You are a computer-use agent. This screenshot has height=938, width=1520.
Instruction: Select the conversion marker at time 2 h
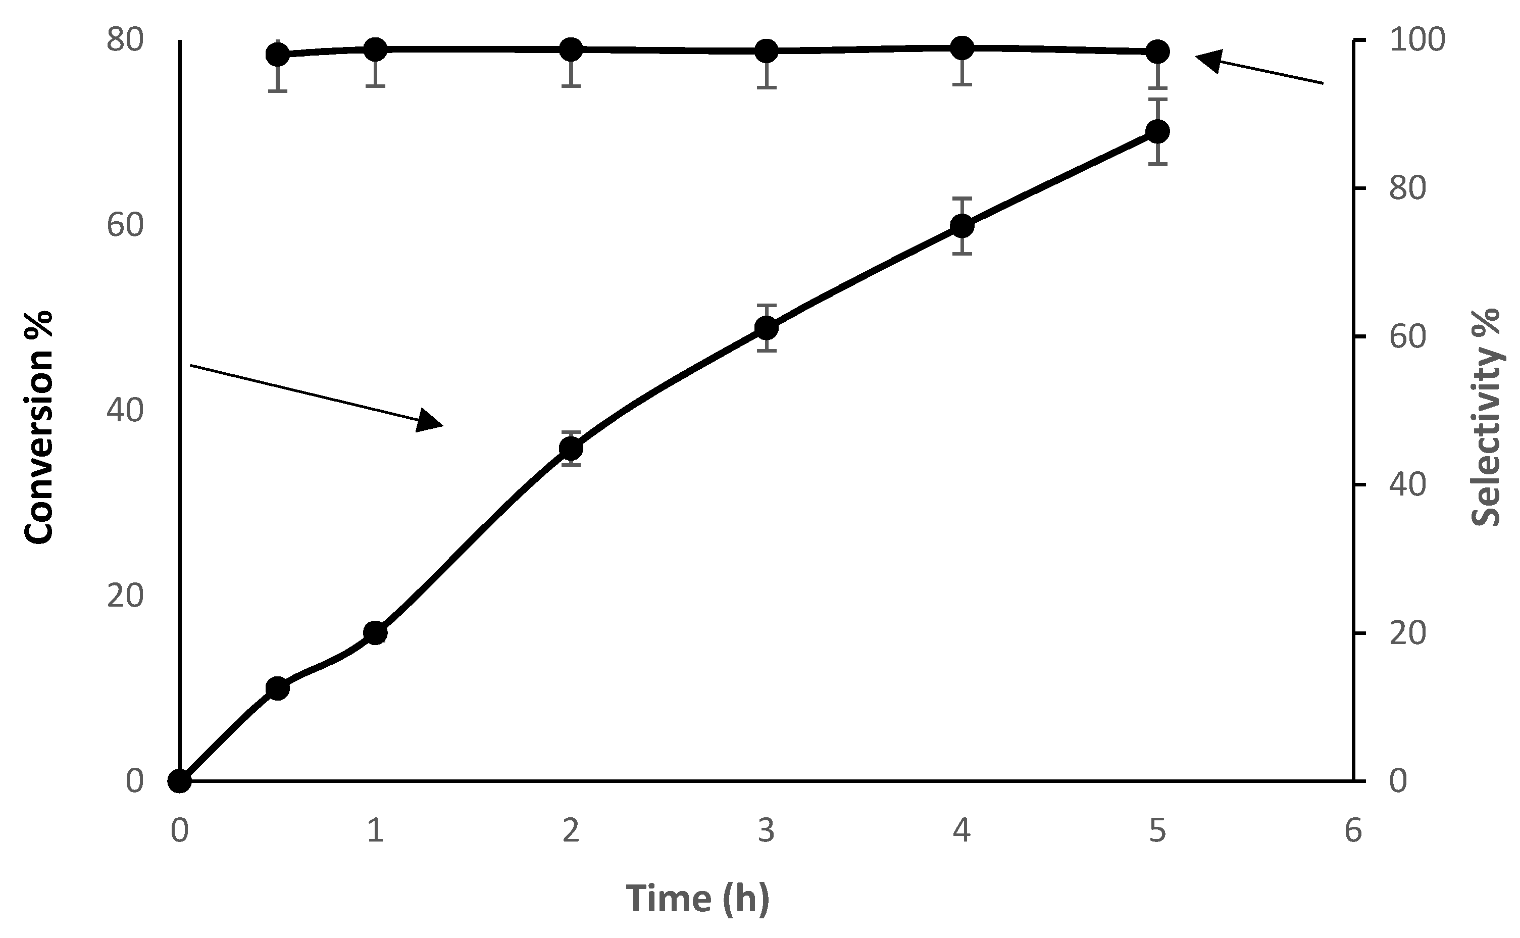pyautogui.click(x=571, y=448)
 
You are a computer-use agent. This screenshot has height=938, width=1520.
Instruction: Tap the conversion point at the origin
pyautogui.click(x=180, y=781)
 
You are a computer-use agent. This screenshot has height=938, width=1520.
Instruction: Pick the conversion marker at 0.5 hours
pyautogui.click(x=277, y=688)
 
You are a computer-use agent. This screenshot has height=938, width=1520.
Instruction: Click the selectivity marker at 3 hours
pyautogui.click(x=767, y=52)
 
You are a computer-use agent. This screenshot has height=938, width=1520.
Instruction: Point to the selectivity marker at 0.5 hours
pyautogui.click(x=277, y=55)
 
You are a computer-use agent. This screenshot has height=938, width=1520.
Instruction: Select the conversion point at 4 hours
pyautogui.click(x=962, y=226)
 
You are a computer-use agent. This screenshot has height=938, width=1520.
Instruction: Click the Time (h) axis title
pyautogui.click(x=698, y=899)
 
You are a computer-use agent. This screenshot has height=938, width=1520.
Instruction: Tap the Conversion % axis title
pyautogui.click(x=38, y=428)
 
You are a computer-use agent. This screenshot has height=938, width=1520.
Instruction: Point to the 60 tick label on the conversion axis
pyautogui.click(x=125, y=225)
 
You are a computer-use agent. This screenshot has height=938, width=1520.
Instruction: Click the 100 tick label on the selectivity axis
pyautogui.click(x=1417, y=40)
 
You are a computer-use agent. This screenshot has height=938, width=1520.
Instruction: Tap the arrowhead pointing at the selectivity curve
pyautogui.click(x=1209, y=61)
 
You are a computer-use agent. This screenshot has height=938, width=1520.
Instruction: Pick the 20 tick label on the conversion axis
pyautogui.click(x=125, y=596)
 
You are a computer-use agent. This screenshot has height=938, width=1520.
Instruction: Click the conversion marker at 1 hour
pyautogui.click(x=375, y=633)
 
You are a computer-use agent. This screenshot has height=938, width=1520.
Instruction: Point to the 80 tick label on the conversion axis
pyautogui.click(x=125, y=40)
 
